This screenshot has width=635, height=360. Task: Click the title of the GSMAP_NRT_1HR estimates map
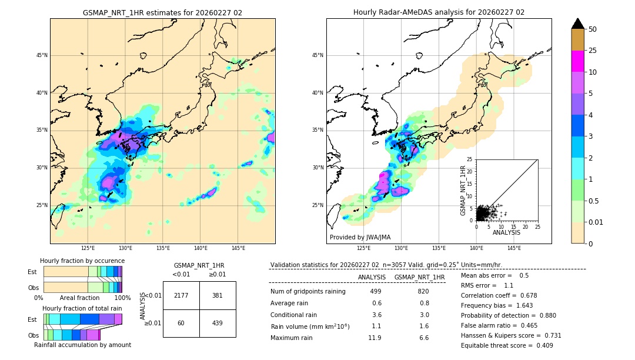point(162,12)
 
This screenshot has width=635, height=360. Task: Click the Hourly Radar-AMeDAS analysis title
point(439,12)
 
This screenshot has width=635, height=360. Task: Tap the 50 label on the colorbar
point(593,29)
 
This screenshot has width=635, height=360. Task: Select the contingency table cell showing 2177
point(181,295)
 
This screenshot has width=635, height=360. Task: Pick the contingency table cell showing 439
point(218,323)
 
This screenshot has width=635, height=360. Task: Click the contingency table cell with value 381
point(218,295)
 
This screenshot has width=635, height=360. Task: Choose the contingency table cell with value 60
point(181,323)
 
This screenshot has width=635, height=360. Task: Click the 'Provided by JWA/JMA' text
point(360,238)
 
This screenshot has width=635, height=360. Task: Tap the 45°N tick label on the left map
point(42,55)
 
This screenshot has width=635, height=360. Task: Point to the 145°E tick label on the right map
point(514,248)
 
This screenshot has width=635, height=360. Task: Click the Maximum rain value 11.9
point(375,338)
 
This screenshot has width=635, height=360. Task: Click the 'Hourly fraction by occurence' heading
point(82,261)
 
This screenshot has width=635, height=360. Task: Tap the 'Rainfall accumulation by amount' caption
point(82,345)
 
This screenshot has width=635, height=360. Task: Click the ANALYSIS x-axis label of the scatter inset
point(507,232)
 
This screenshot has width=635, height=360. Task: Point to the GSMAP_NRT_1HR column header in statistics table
point(419,277)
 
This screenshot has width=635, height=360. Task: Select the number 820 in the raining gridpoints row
point(423,291)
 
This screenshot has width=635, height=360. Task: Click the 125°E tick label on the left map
point(88,248)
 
